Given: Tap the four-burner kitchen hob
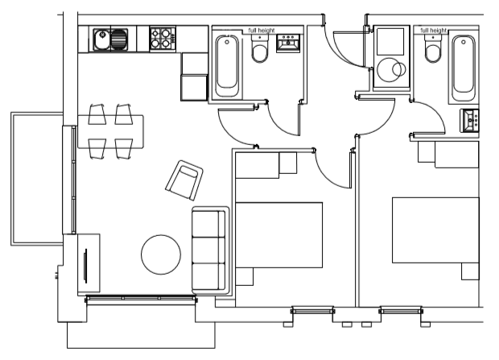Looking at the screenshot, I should (162, 39).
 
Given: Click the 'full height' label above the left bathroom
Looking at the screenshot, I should (262, 30).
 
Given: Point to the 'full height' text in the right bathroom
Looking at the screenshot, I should (433, 30).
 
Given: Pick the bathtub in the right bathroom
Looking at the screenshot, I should (464, 66).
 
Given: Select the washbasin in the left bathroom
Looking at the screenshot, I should (288, 43).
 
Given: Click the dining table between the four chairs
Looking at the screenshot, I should (110, 131).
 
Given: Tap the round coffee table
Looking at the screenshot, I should (161, 254).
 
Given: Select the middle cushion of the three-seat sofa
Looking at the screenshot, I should (210, 249).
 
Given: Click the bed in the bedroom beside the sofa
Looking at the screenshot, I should (278, 234).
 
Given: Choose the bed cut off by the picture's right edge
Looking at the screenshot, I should (439, 230).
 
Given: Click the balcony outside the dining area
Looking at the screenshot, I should (36, 180).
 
